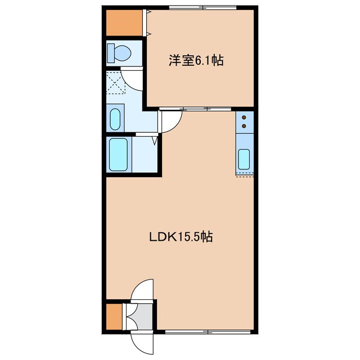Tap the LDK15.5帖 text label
[x=180, y=237]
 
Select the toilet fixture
[x=120, y=53]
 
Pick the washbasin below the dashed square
[x=115, y=119]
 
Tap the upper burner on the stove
[x=245, y=118]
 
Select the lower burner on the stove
[x=245, y=126]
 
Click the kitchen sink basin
[x=245, y=159]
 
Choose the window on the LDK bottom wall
[x=207, y=331]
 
